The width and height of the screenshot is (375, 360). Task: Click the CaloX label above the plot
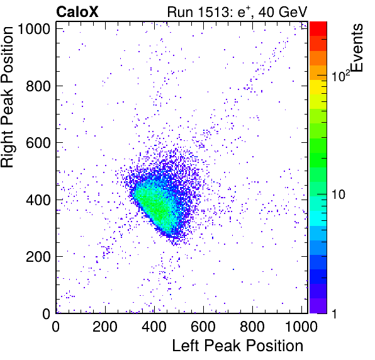pyautogui.click(x=77, y=12)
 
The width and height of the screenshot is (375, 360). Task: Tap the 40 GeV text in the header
pyautogui.click(x=283, y=12)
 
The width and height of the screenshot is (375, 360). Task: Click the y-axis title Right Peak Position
pyautogui.click(x=7, y=97)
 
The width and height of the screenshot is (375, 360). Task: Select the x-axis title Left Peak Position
pyautogui.click(x=238, y=346)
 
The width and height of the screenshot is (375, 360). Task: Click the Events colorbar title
pyautogui.click(x=357, y=48)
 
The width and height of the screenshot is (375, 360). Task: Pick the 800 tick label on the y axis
pyautogui.click(x=38, y=86)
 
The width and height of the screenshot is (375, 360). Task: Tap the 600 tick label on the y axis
pyautogui.click(x=38, y=143)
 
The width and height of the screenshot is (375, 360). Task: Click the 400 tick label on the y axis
pyautogui.click(x=38, y=200)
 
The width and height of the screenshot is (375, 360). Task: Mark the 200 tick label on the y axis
pyautogui.click(x=38, y=256)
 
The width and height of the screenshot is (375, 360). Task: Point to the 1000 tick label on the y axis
pyautogui.click(x=34, y=29)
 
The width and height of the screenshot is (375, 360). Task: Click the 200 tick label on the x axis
pyautogui.click(x=105, y=326)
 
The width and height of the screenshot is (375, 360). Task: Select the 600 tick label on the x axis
pyautogui.click(x=203, y=326)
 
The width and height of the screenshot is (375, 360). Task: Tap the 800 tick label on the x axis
pyautogui.click(x=252, y=326)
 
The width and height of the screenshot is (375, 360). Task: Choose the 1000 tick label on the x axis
pyautogui.click(x=301, y=326)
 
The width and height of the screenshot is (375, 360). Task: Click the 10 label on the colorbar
pyautogui.click(x=339, y=194)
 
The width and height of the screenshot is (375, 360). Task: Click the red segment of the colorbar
pyautogui.click(x=318, y=29)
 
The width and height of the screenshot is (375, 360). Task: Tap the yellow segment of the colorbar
pyautogui.click(x=318, y=87)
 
